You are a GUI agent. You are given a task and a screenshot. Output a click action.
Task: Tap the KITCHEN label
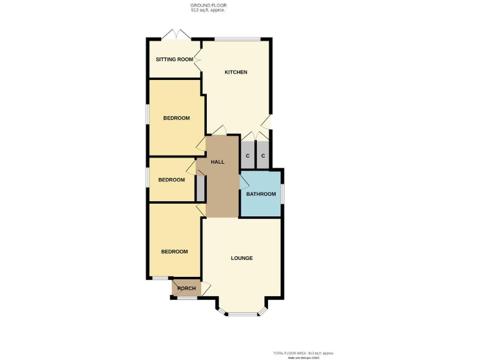(x=236, y=72)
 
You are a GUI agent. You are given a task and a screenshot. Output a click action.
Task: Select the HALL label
(x=217, y=162)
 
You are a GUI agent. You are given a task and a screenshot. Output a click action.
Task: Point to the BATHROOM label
(x=261, y=194)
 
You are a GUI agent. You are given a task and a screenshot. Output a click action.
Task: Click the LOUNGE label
(x=242, y=258)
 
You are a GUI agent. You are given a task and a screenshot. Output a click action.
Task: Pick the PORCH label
(x=186, y=288)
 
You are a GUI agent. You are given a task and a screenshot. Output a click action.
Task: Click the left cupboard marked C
(x=247, y=156)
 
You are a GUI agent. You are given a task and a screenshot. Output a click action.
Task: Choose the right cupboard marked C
(x=263, y=156)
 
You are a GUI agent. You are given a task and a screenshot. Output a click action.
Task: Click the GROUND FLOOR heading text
(x=209, y=6)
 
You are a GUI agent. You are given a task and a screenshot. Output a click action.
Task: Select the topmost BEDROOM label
(x=176, y=118)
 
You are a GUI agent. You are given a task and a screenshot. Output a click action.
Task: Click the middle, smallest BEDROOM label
(x=171, y=180)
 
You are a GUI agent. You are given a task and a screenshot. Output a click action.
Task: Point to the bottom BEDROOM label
(x=174, y=252)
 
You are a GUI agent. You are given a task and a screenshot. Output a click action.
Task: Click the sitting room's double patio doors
(x=175, y=34)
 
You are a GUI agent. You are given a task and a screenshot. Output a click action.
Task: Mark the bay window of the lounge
(x=242, y=313)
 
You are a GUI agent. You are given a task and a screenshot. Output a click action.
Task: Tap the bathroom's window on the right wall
(x=282, y=193)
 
